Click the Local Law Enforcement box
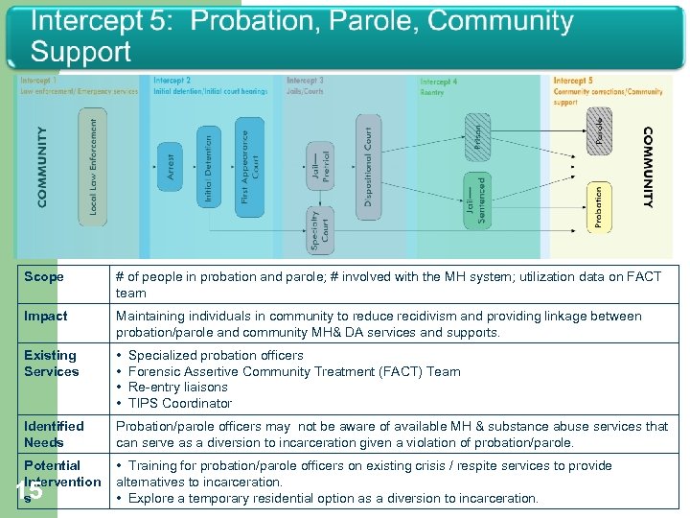93,167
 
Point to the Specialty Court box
319,230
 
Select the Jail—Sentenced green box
476,200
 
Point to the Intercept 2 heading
172,81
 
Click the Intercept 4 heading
439,82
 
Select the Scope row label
44,277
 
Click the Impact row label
46,317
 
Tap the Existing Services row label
52,364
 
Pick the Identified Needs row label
54,434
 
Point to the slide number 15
29,491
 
